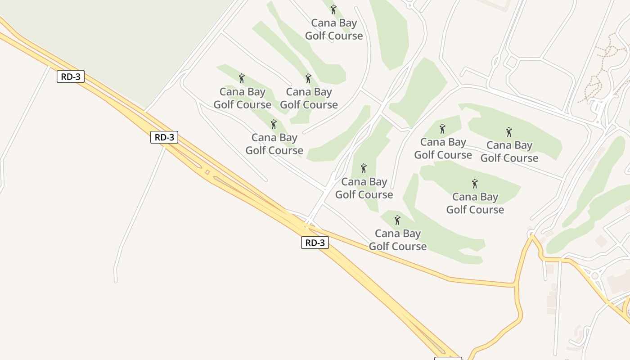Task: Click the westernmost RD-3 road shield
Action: tap(71, 76)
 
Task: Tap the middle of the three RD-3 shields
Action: tap(164, 137)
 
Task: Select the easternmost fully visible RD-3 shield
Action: tap(315, 243)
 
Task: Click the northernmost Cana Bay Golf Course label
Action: tap(334, 29)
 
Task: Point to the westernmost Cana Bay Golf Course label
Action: tap(243, 98)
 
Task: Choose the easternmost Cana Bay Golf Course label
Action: tap(509, 151)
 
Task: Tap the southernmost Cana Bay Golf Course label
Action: tap(398, 239)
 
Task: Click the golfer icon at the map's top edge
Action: tap(333, 9)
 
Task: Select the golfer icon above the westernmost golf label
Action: tap(242, 78)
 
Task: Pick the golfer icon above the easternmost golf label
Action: tap(509, 132)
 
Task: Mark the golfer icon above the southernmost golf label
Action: tap(397, 220)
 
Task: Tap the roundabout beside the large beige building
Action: tap(595, 275)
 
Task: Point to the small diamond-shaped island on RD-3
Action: tap(207, 172)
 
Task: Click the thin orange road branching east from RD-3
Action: tap(405, 261)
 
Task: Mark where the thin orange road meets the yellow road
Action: tap(515, 285)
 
